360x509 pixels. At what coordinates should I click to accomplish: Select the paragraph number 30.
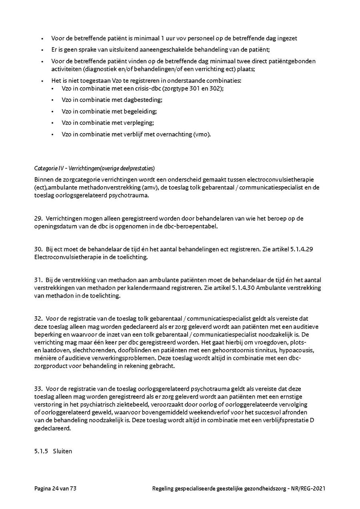(x=38, y=249)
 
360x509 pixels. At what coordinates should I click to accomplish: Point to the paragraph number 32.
(x=38, y=319)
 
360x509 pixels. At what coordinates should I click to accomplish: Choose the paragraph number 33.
(x=38, y=388)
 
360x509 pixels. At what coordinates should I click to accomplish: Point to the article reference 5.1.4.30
(x=245, y=288)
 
